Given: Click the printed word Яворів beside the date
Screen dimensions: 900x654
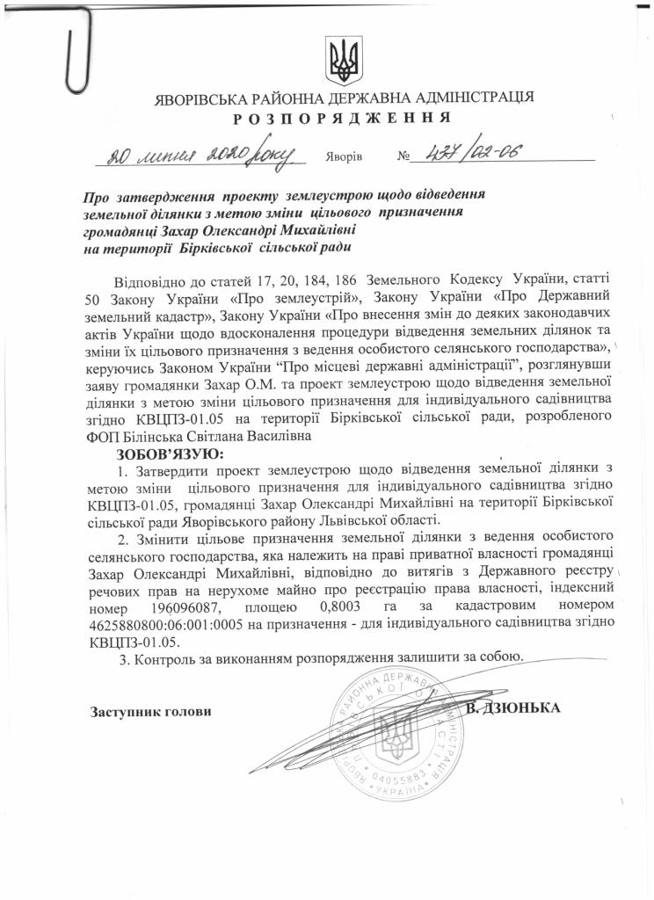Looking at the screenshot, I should tap(343, 158).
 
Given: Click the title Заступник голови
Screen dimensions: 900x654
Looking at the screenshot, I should tap(151, 710).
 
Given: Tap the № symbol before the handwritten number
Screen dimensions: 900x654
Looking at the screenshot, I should tap(405, 158).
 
